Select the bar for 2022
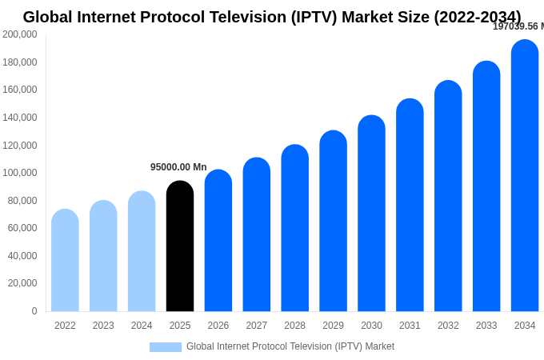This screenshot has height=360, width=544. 65,261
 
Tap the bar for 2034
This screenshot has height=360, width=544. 525,176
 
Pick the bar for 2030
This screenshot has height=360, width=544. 371,214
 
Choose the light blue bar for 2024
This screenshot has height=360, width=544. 142,251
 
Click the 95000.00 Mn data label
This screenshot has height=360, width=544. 178,167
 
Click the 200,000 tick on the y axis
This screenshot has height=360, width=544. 20,34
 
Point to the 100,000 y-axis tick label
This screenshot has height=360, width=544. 20,173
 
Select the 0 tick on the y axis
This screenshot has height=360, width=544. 34,311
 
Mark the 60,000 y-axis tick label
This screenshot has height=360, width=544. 22,228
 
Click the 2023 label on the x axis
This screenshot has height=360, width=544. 103,326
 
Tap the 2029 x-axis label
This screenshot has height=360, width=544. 333,326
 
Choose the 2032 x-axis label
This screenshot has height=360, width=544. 448,326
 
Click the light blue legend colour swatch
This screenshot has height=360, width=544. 165,347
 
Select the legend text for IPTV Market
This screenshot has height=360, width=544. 290,346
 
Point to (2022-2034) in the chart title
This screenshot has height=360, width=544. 477,17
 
